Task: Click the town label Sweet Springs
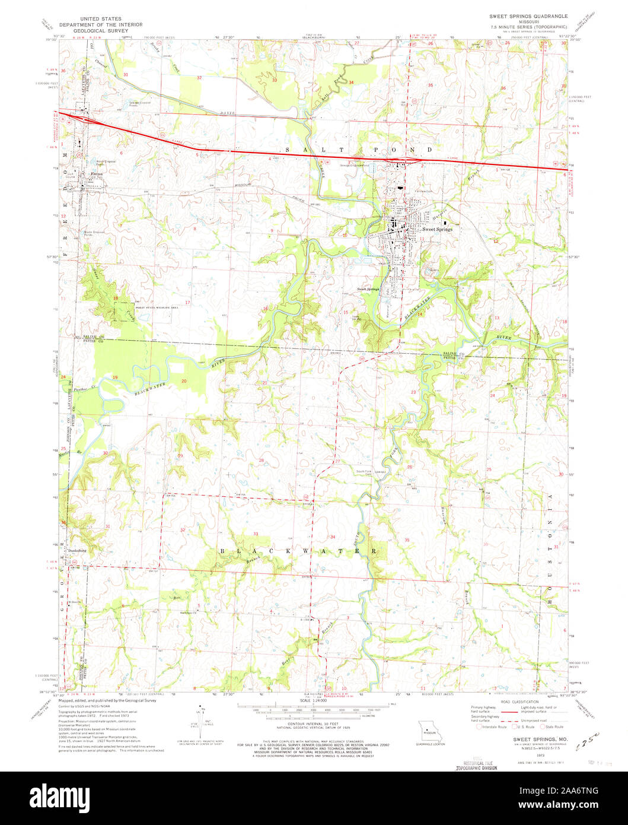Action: (437, 229)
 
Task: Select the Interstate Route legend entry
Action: (492, 726)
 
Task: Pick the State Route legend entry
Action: (553, 726)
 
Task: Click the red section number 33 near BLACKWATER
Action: (256, 534)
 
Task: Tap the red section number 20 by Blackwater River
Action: (184, 381)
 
